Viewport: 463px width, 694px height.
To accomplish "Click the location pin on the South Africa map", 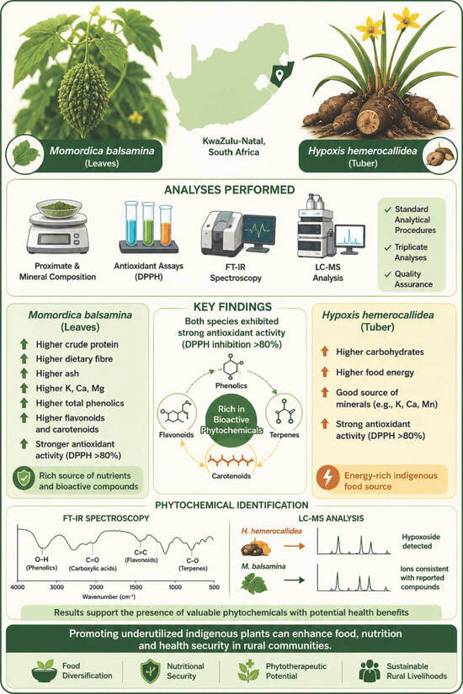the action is (x=279, y=75).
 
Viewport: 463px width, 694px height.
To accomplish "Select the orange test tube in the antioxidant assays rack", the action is (x=166, y=225).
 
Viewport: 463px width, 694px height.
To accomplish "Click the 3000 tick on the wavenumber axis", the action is (x=56, y=587).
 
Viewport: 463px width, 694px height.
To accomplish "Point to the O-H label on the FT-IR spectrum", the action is (x=41, y=559).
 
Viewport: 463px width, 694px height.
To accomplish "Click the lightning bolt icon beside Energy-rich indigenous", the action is (x=327, y=477).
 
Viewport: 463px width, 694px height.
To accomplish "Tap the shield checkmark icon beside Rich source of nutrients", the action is (x=24, y=479).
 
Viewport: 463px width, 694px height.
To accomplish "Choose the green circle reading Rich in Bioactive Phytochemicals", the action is (x=231, y=420).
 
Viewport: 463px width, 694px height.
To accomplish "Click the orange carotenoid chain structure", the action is (x=231, y=461).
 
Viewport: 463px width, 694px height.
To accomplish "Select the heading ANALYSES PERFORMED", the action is (x=230, y=190).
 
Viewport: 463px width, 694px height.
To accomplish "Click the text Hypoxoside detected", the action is (x=420, y=541).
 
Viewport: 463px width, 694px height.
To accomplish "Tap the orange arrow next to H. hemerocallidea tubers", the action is (x=294, y=546).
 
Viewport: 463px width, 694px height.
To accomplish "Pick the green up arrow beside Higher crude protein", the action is (x=24, y=344).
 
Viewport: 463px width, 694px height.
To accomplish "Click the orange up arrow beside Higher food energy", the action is (x=325, y=372).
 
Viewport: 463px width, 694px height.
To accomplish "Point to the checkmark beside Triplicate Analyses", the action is (x=388, y=247).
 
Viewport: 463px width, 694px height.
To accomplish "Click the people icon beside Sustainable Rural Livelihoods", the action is (x=370, y=671).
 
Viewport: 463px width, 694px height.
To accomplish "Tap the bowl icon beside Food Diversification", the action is (x=45, y=671).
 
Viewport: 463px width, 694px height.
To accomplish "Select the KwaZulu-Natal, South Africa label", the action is (x=233, y=146).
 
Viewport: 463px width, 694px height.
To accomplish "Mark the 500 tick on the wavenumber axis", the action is (x=214, y=587).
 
